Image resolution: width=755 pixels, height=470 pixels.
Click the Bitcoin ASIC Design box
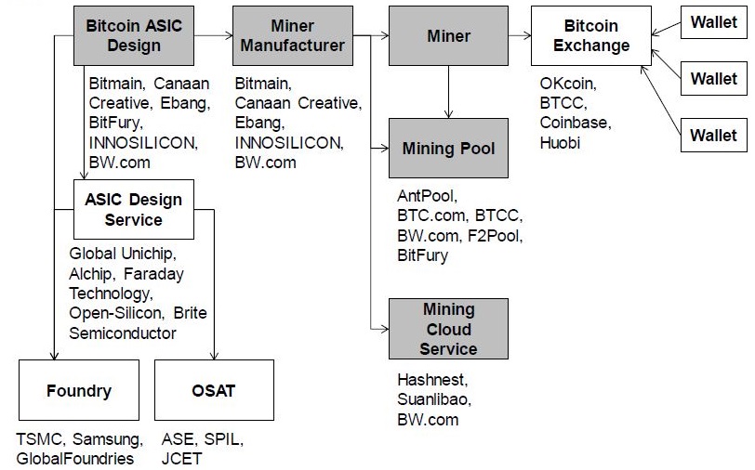point(134,35)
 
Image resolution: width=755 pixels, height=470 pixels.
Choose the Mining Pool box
point(448,148)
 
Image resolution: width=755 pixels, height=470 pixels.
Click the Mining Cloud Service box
point(448,329)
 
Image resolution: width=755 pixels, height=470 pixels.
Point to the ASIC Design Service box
point(134,210)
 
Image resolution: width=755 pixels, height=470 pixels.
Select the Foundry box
point(79,391)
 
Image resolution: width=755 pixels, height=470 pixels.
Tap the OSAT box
point(213,391)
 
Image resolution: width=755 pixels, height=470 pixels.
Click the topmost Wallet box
point(713,23)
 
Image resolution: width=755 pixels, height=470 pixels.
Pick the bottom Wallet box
point(713,136)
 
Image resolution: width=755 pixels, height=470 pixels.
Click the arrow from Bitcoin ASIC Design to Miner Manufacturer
point(213,35)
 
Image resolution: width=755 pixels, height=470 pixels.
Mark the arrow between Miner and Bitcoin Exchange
point(519,36)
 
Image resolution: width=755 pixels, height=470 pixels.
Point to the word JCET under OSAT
point(180,458)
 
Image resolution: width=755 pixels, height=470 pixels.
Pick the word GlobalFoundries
point(75,458)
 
